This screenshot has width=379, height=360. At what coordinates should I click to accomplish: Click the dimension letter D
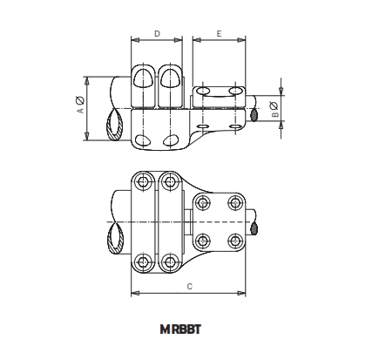(x=157, y=33)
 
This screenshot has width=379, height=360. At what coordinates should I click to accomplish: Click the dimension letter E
(x=219, y=33)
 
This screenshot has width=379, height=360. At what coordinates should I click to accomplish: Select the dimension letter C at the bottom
(x=189, y=286)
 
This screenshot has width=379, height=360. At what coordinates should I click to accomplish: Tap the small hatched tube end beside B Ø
(x=254, y=113)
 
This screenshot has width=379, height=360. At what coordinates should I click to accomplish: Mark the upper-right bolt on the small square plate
(x=233, y=203)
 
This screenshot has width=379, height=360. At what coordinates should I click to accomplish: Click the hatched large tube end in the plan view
(x=114, y=236)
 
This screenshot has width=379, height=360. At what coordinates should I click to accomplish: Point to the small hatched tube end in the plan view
(x=255, y=228)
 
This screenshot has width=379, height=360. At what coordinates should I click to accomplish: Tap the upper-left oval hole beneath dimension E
(x=203, y=91)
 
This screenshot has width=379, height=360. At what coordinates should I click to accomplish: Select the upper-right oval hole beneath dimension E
(x=233, y=90)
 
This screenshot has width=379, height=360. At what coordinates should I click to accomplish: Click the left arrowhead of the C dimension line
(x=133, y=293)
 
